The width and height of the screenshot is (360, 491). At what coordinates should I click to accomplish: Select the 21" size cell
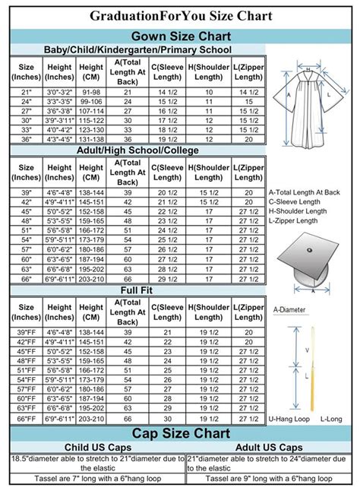click(27, 92)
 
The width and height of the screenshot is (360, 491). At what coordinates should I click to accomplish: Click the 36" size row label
click(27, 138)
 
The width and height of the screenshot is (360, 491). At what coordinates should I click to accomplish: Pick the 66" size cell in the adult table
click(27, 279)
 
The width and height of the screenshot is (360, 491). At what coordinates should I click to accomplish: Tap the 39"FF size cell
click(27, 333)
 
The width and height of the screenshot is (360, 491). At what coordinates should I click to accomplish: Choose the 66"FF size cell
click(27, 419)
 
